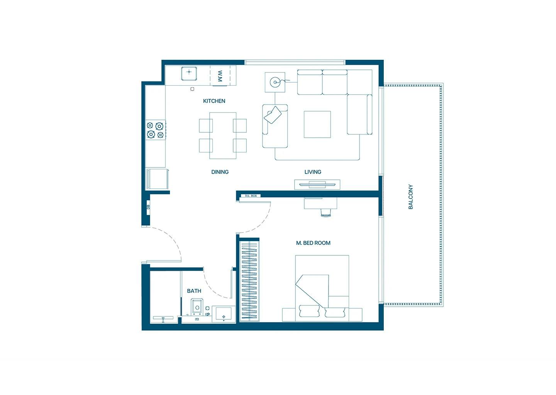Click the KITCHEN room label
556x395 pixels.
[214, 101]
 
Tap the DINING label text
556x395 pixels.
[220, 172]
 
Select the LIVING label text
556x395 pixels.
[312, 172]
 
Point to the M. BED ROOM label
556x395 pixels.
[313, 243]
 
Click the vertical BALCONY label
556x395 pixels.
[410, 197]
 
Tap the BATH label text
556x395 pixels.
[194, 291]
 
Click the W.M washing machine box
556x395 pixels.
[220, 76]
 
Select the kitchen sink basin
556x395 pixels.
[189, 73]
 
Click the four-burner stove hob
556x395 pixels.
[155, 130]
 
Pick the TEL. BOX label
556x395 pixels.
[251, 196]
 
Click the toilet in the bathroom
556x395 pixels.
[197, 307]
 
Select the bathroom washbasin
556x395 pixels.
[224, 314]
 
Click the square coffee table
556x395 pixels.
[317, 124]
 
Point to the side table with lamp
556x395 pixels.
[275, 82]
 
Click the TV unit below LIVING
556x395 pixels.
[317, 184]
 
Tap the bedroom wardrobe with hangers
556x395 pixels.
[249, 280]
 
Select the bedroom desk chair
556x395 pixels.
[326, 213]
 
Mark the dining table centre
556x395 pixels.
[223, 135]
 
